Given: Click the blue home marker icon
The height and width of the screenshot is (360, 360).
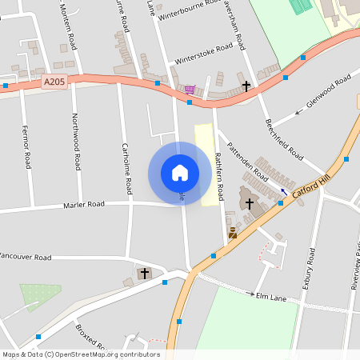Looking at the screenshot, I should tap(180, 173).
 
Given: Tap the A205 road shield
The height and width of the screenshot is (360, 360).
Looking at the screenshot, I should tap(54, 82).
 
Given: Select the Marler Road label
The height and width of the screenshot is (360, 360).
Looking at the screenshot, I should tap(84, 205).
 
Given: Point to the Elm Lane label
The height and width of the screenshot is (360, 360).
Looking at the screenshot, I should tap(270, 296).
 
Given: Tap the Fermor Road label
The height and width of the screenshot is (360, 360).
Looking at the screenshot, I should tap(26, 148).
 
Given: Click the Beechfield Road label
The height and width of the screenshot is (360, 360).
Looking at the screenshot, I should tap(283, 138).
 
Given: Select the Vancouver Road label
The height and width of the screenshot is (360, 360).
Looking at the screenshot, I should tap(26, 257).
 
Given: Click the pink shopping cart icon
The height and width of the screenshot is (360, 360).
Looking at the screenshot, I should tap(190, 90).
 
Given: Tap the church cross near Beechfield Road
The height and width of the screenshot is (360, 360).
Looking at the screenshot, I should tap(246, 85).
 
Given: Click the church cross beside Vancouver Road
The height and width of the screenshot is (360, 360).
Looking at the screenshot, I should tap(145, 274).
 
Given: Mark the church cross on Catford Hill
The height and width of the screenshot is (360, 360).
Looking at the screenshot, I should tap(250, 204).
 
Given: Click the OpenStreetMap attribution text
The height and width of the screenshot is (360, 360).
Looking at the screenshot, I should tap(81, 354).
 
